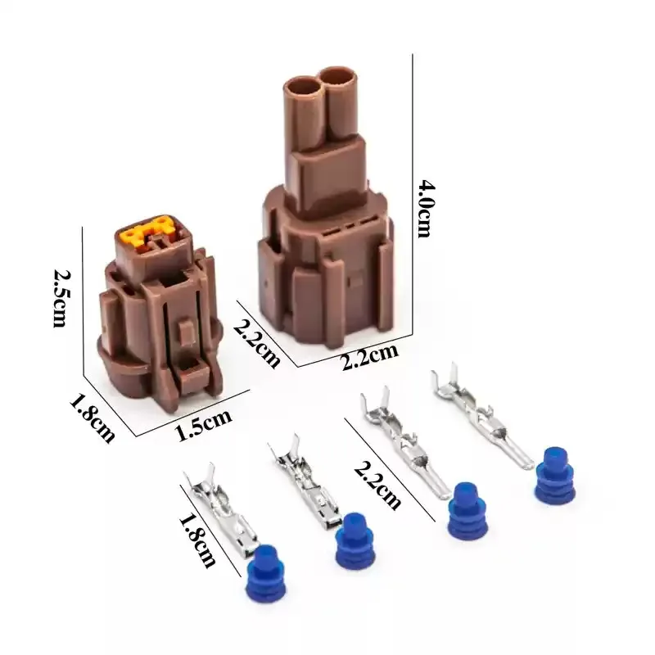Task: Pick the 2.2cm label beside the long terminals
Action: coord(377,482)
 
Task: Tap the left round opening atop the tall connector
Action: coord(303,87)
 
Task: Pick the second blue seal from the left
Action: coord(355,540)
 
